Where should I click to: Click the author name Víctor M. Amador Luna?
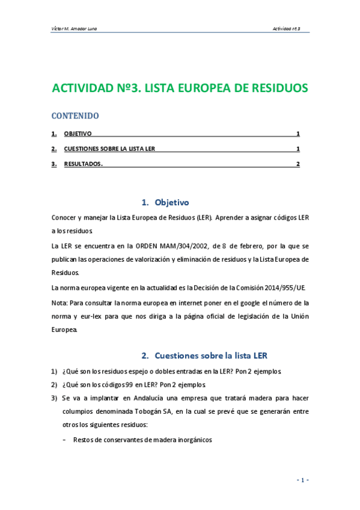click(x=76, y=28)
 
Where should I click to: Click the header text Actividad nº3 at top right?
click(x=290, y=28)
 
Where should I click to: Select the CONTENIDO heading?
click(x=75, y=115)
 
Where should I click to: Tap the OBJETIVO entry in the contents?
click(x=78, y=134)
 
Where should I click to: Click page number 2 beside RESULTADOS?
click(x=297, y=164)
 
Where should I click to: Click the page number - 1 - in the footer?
click(x=302, y=480)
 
